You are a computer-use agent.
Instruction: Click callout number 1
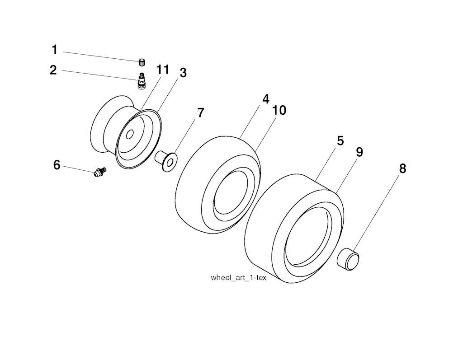(x=54, y=50)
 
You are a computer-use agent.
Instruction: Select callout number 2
(x=53, y=70)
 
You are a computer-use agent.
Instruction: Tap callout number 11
(x=163, y=70)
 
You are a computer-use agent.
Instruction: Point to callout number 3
(x=184, y=73)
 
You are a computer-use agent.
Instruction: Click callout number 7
(x=200, y=113)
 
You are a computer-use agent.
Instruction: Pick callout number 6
(x=57, y=165)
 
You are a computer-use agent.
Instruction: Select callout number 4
(x=266, y=99)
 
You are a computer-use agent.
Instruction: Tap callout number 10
(x=279, y=110)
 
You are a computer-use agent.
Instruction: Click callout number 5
(x=340, y=141)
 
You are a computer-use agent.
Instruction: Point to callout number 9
(x=359, y=152)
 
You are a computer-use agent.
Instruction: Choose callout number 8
(x=402, y=169)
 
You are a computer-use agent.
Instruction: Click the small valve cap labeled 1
(x=142, y=62)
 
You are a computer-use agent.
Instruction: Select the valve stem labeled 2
(x=142, y=80)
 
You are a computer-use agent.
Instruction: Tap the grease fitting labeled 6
(x=100, y=172)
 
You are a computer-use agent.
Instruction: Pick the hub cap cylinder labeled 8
(x=348, y=259)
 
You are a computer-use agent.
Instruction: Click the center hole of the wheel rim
(x=129, y=135)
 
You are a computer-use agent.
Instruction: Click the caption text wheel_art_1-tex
(x=239, y=278)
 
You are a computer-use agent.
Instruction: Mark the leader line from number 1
(x=102, y=56)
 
